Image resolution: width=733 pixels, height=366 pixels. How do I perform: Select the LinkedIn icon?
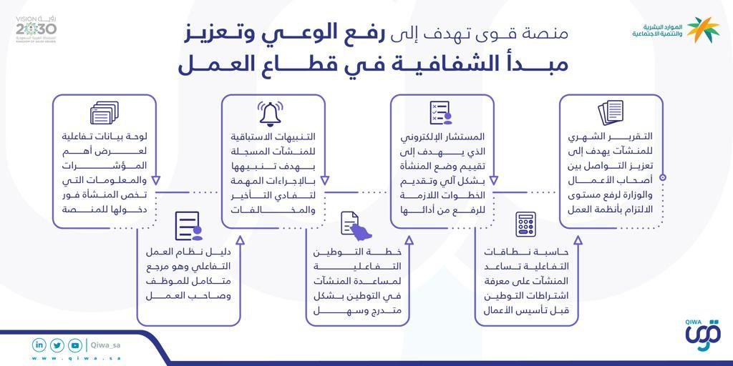click(39, 345)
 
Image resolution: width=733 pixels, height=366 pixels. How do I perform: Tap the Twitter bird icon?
click(57, 345)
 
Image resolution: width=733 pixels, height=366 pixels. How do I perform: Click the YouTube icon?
click(75, 345)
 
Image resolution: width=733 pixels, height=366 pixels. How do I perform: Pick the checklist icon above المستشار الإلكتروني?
click(440, 113)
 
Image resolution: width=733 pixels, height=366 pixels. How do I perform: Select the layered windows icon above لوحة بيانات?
click(104, 113)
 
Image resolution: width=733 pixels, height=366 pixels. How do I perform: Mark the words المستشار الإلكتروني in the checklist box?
click(448, 137)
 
